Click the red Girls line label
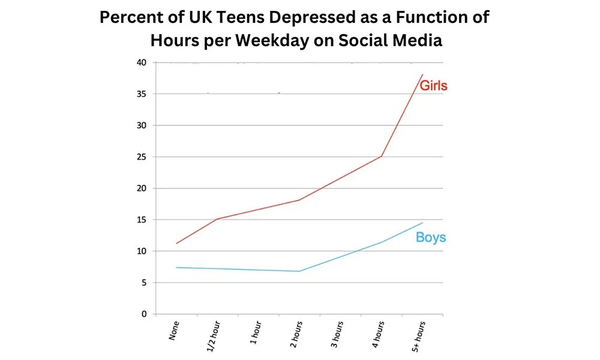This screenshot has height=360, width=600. (433, 86)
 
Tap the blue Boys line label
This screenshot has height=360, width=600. (431, 238)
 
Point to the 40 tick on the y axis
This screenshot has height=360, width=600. (142, 62)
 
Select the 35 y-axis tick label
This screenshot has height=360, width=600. (142, 94)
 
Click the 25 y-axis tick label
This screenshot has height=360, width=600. (142, 157)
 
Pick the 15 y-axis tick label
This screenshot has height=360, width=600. (142, 220)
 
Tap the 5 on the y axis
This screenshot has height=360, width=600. (144, 283)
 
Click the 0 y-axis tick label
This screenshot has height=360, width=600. (144, 314)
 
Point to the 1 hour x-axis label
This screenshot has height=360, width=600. (255, 334)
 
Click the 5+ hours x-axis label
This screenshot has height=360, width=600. (419, 336)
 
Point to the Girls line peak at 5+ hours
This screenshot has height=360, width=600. (422, 74)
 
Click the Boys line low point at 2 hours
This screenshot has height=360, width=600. (299, 271)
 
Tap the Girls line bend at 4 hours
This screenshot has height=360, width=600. (382, 157)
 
